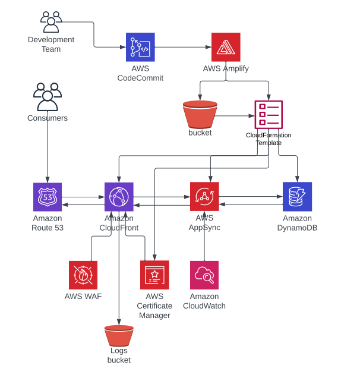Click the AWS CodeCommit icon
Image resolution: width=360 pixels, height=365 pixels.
140,48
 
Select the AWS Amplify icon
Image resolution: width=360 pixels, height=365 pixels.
226,48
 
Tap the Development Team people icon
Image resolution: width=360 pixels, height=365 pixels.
51,22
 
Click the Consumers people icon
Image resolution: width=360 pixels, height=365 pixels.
48,97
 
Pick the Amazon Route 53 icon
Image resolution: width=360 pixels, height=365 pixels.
48,197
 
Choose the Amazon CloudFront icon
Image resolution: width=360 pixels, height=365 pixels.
119,197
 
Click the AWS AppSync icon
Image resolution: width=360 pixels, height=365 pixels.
204,197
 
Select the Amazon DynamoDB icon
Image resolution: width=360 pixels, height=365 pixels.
297,197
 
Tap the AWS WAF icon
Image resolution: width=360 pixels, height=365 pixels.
83,275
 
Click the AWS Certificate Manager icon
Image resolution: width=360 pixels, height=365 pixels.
154,275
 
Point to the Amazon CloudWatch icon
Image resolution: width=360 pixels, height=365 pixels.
204,275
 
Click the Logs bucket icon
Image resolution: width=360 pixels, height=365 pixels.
119,336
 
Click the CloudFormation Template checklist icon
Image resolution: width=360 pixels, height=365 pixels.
269,115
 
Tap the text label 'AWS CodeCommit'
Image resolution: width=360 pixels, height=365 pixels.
140,73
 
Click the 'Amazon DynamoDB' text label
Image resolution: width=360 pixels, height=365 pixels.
297,223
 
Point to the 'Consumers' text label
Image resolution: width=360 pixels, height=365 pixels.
48,118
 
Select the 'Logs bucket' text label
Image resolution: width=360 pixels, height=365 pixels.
119,355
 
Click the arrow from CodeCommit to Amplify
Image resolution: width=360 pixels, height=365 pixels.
183,47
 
